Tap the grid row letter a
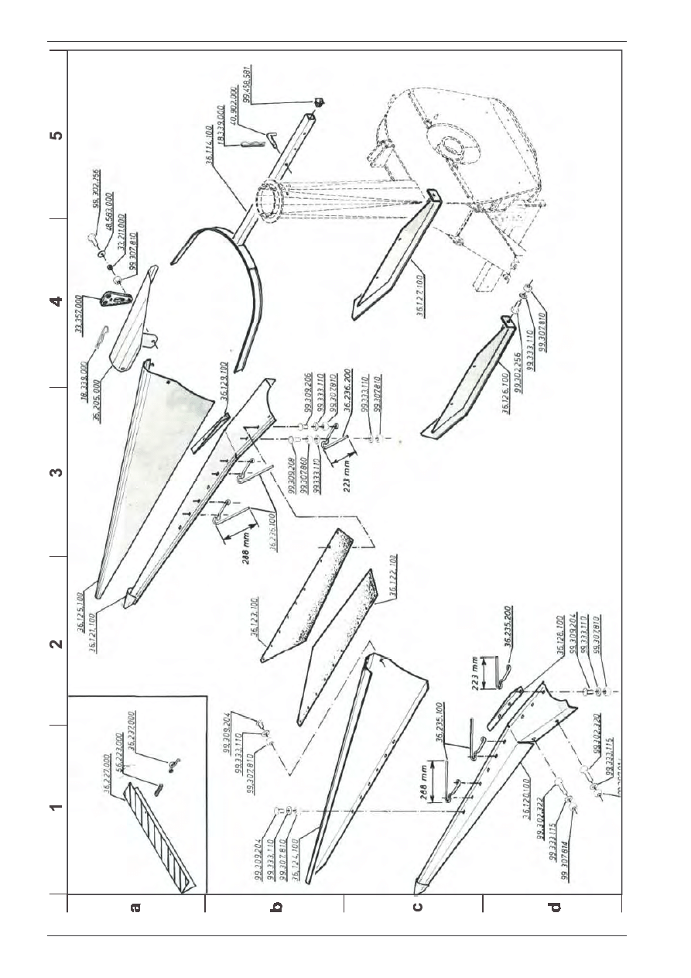136,905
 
